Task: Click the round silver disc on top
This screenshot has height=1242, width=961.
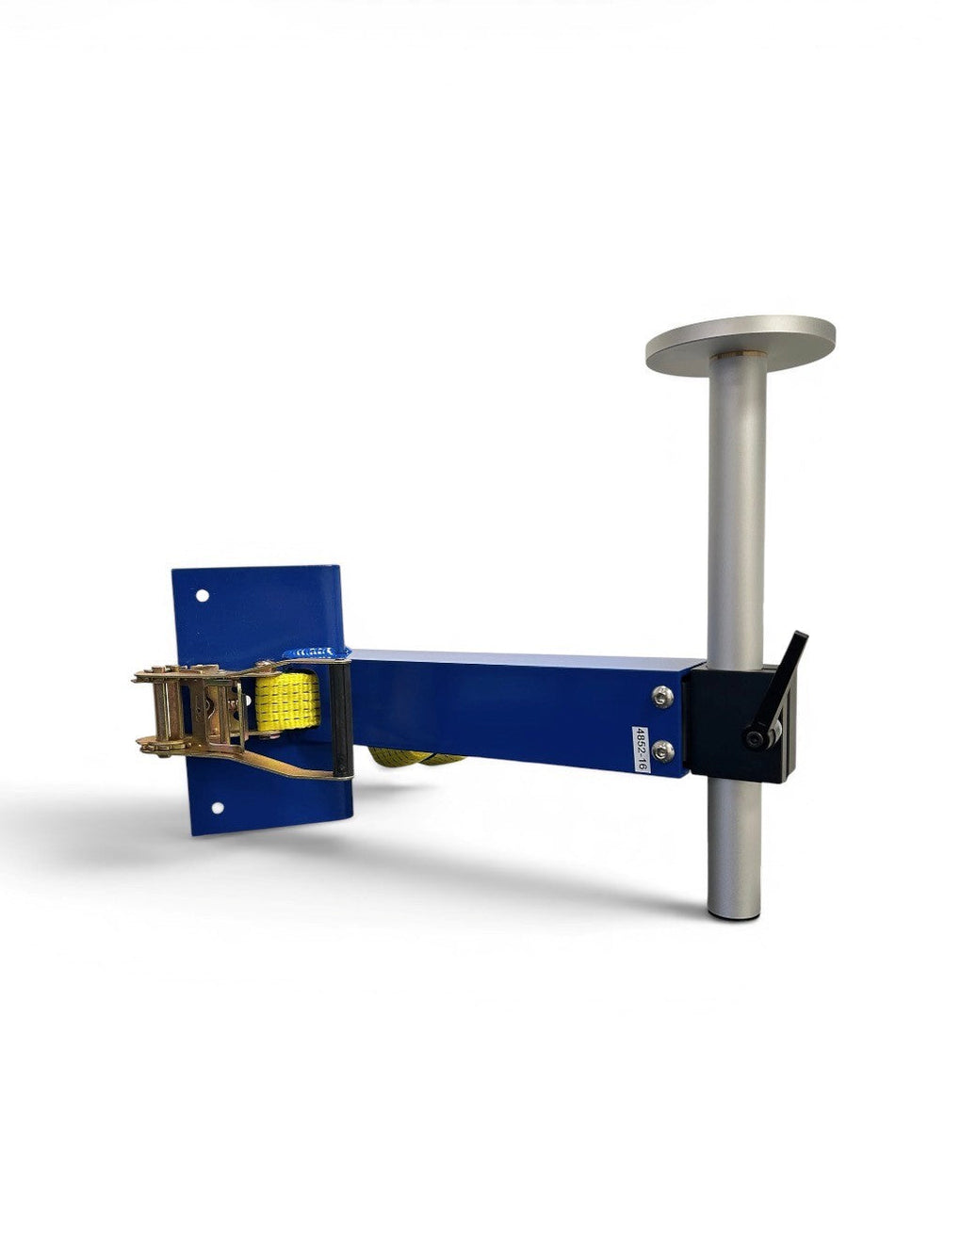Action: point(740,344)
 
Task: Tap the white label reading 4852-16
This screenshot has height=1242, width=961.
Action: point(641,750)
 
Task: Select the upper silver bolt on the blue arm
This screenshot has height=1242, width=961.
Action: point(662,697)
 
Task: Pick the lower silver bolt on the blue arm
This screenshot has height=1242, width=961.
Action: point(662,750)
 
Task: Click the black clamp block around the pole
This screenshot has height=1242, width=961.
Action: point(741,722)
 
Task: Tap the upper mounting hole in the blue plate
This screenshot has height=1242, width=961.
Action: point(203,595)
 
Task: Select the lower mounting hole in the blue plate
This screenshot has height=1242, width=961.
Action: point(218,808)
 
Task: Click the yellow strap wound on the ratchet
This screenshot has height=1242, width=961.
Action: point(287,702)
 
